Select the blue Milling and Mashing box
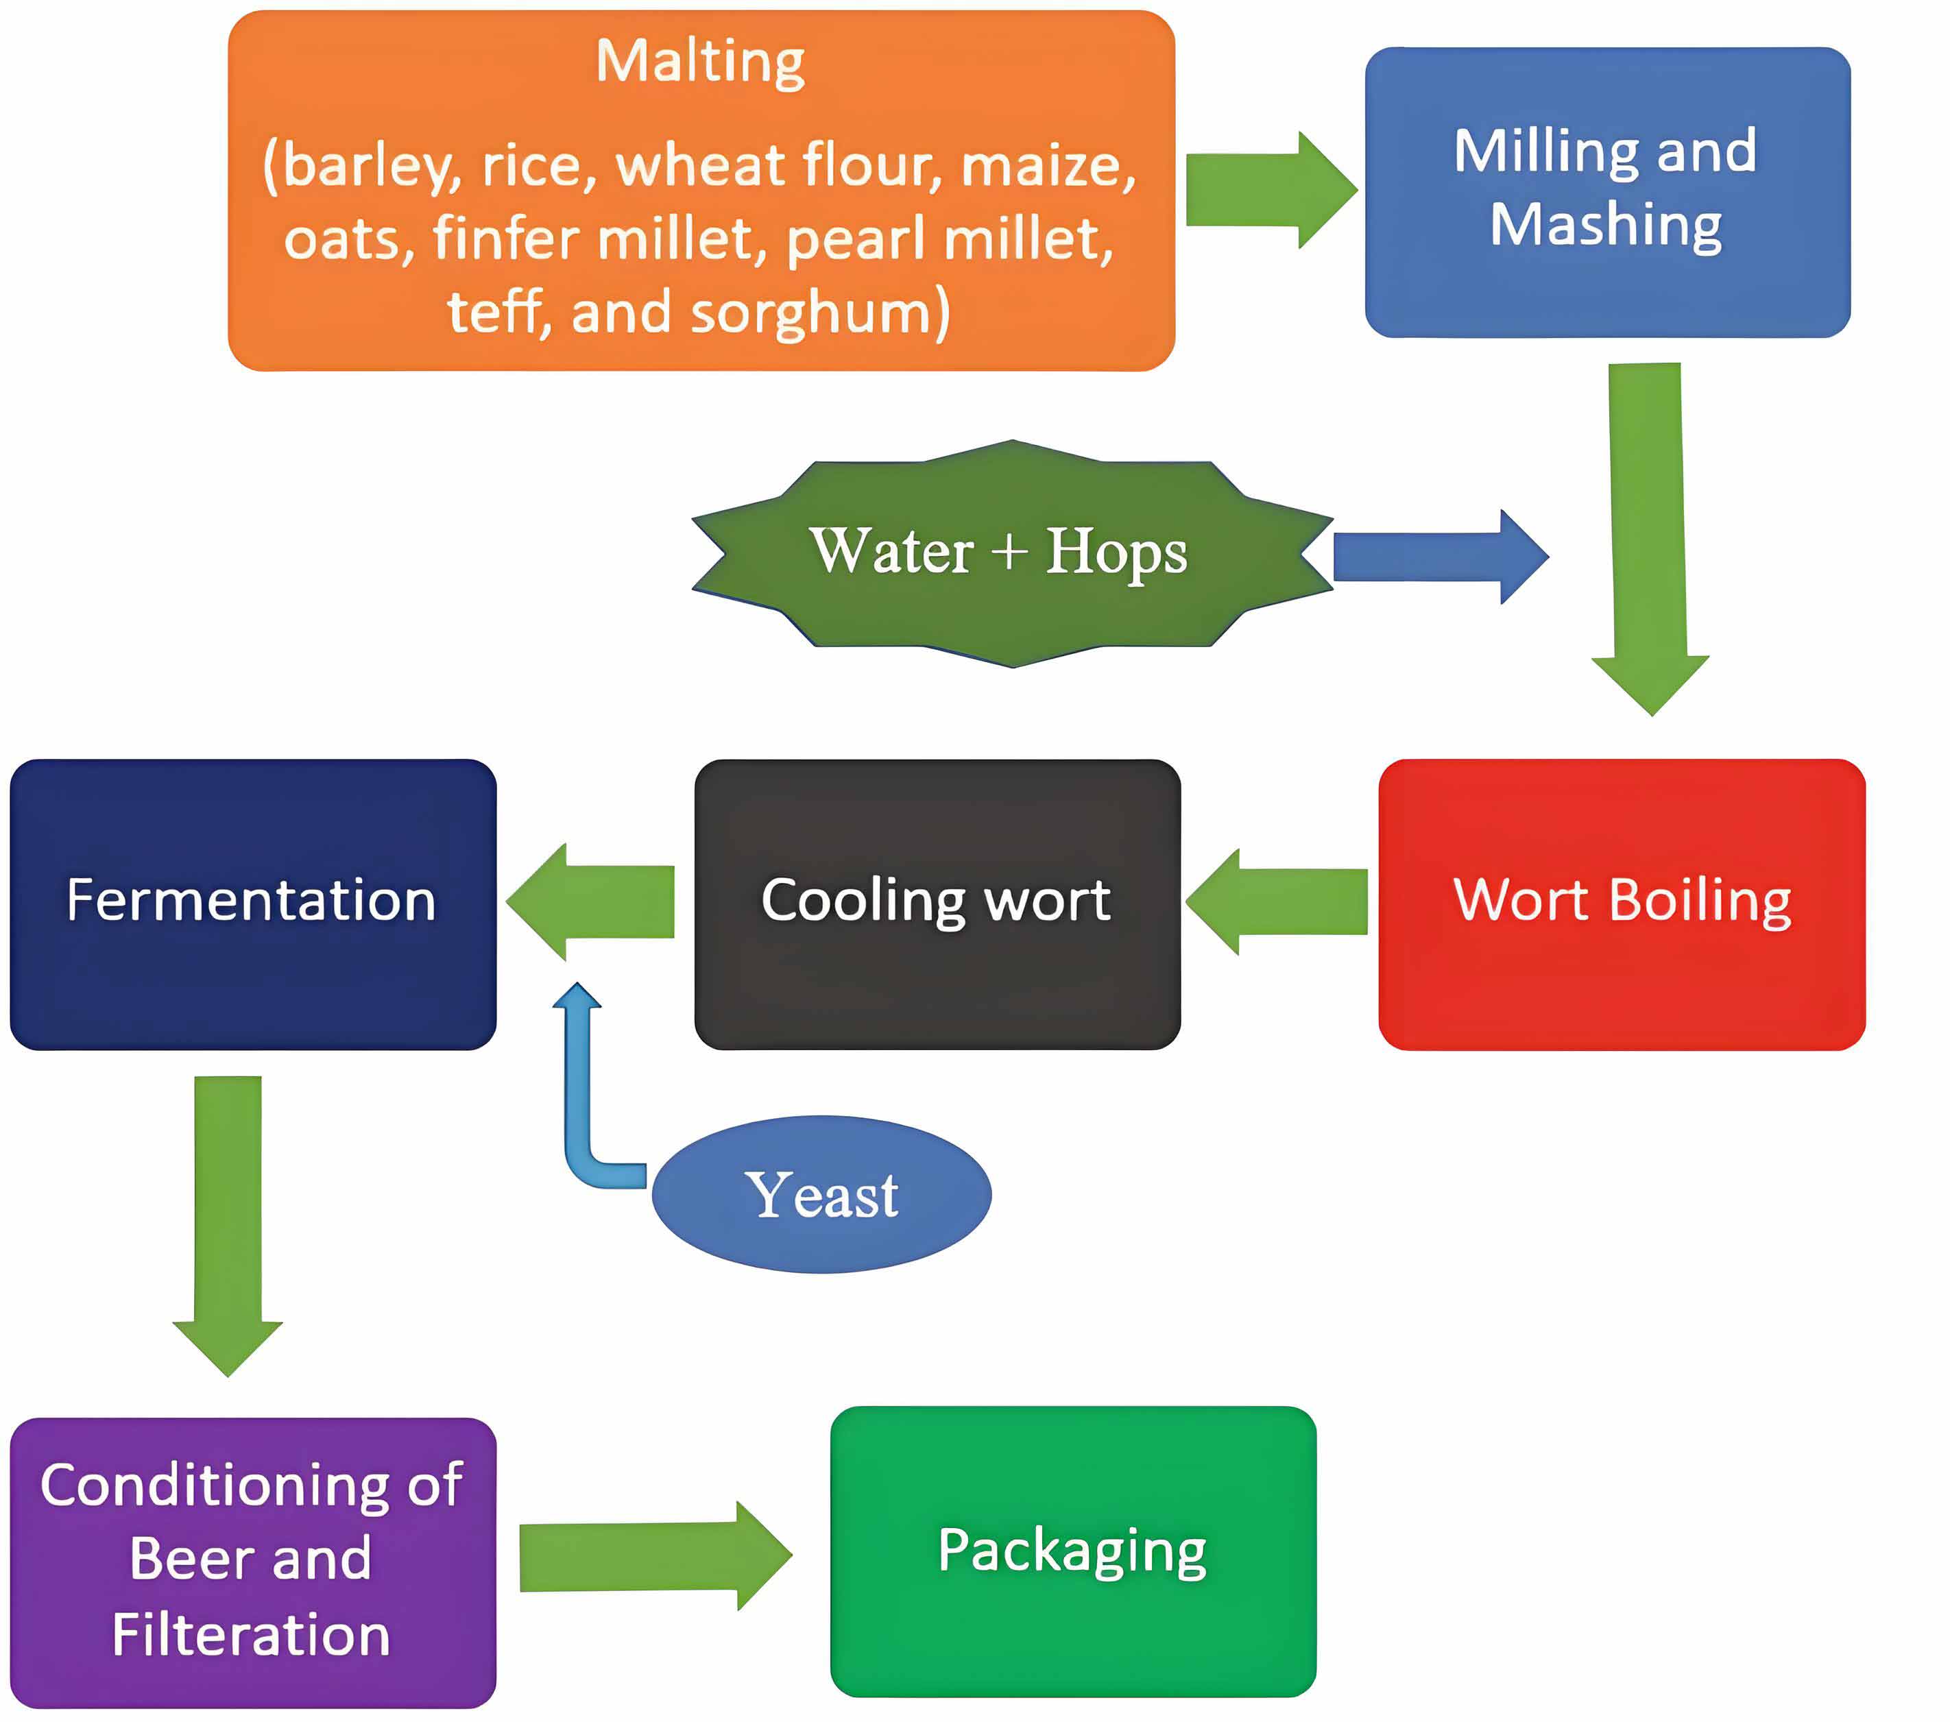coord(1606,191)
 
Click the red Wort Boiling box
coord(1621,904)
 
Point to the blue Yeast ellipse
coord(821,1193)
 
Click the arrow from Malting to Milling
coord(1269,190)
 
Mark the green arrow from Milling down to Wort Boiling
coord(1648,534)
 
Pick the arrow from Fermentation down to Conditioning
coord(228,1221)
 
